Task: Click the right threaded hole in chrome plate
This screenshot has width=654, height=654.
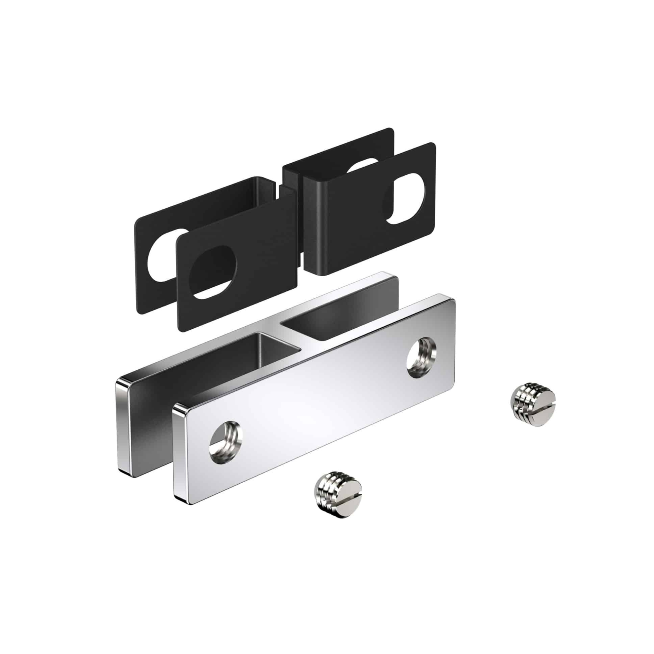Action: [x=421, y=359]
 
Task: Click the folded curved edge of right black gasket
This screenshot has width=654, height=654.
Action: [x=313, y=190]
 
